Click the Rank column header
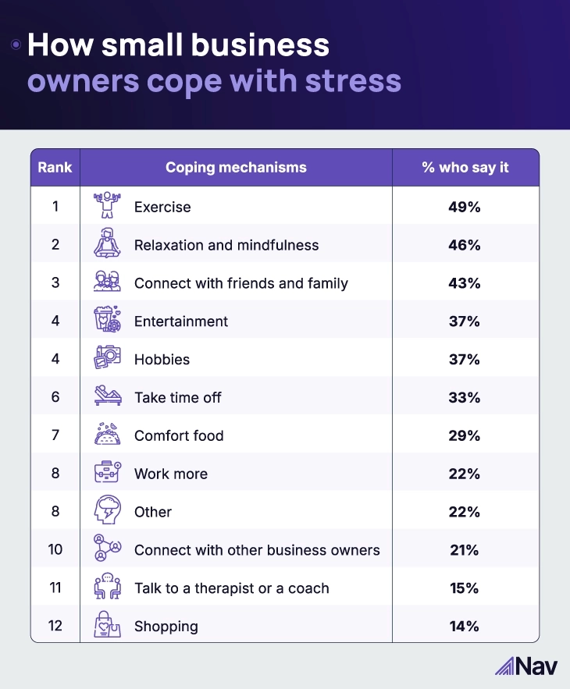[55, 168]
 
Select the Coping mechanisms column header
[236, 168]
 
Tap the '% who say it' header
[465, 168]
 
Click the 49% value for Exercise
[465, 207]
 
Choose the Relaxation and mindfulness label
[226, 245]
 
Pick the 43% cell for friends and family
[465, 283]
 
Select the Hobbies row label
[162, 360]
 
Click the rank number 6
[55, 397]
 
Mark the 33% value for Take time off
[465, 397]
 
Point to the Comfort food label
[179, 435]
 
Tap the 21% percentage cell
[465, 550]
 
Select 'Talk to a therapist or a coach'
[232, 588]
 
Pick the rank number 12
[55, 627]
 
